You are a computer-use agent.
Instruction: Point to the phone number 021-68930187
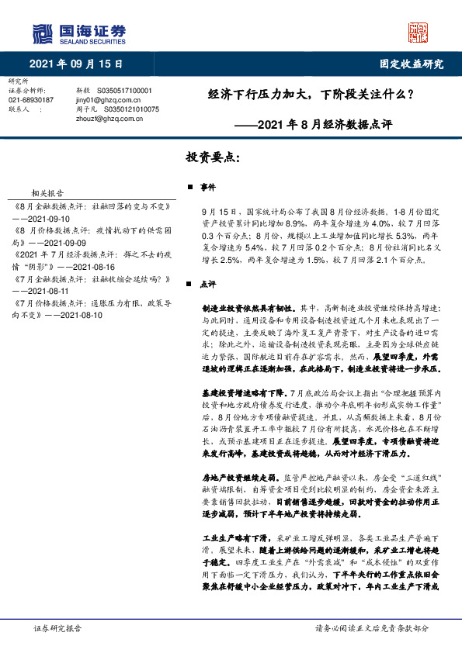(x=31, y=100)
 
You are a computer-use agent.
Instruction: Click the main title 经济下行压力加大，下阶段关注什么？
(x=310, y=95)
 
